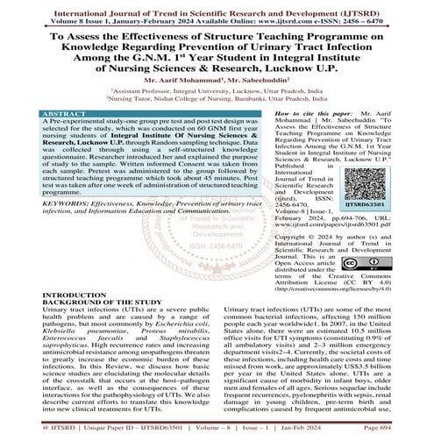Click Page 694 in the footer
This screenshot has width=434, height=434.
click(407, 428)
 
